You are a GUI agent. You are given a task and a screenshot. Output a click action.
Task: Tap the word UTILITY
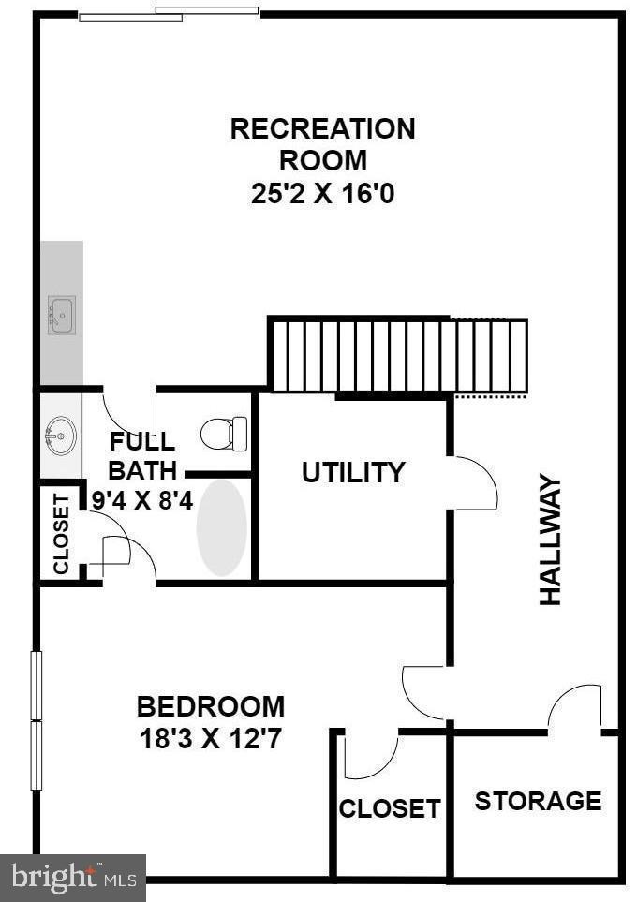pos(353,473)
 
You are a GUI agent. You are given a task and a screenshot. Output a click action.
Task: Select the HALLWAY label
pos(551,540)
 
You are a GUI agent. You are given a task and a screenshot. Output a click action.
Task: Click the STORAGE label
pos(538,801)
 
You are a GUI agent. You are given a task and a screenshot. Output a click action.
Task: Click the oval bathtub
pos(222,527)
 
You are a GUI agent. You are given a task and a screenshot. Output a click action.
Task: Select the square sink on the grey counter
pos(62,315)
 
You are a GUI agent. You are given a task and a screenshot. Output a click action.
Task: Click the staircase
pos(398,356)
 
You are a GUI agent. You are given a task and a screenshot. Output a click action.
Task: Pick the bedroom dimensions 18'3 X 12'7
pos(211,739)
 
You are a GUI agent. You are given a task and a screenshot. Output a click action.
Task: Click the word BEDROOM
pos(211,706)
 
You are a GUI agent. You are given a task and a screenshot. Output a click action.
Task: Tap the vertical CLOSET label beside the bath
pos(61,534)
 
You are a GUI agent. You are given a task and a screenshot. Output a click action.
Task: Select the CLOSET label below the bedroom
pos(390,808)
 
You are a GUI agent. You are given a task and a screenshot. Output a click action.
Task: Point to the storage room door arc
pos(574,707)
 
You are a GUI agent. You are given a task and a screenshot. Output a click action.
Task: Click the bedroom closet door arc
pos(370,759)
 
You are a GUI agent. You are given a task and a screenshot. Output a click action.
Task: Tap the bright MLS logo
pos(73,878)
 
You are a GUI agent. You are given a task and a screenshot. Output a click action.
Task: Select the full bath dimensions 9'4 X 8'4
pos(142,501)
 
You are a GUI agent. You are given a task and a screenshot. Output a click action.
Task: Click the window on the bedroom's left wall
pos(37,720)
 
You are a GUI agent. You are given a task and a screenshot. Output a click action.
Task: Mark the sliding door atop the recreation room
pos(169,14)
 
